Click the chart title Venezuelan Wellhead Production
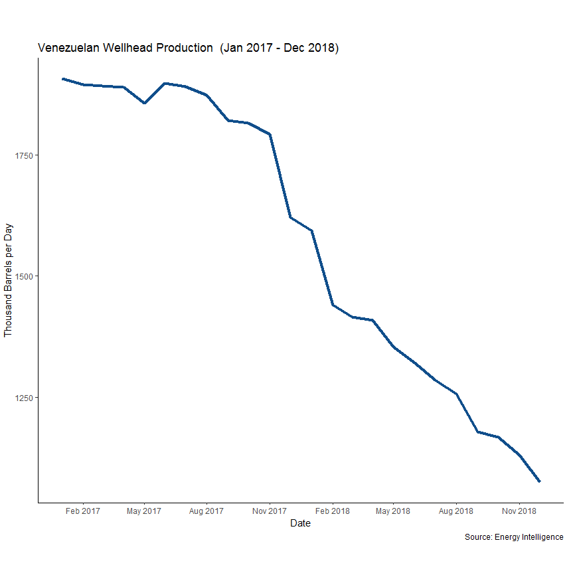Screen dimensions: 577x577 click(189, 48)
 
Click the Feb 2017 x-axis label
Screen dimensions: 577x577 click(83, 511)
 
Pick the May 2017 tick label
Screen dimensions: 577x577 click(143, 511)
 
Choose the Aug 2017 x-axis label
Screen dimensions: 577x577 click(206, 511)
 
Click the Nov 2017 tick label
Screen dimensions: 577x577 click(269, 511)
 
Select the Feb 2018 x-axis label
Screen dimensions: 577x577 click(332, 511)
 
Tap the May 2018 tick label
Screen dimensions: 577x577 click(392, 511)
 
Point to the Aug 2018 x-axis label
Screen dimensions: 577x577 click(455, 511)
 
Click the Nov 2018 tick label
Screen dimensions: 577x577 click(519, 511)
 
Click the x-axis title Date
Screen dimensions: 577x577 click(300, 523)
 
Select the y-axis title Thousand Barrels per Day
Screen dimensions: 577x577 click(9, 280)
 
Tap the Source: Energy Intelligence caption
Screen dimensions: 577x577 click(514, 536)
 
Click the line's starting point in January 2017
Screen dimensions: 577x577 click(62, 79)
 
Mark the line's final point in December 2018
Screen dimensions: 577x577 click(539, 481)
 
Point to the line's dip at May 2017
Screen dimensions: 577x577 click(144, 103)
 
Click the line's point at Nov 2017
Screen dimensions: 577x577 click(270, 134)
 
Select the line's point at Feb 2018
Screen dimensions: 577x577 click(332, 305)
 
